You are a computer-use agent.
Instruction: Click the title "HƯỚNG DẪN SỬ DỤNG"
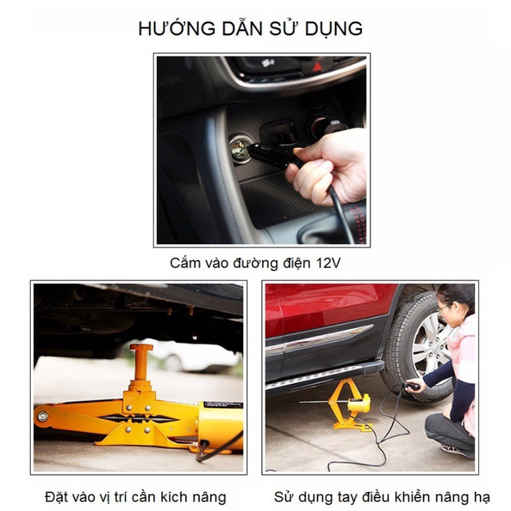coord(251,28)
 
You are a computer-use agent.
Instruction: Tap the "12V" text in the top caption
coord(328,263)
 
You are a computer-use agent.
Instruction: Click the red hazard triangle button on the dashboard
coord(317,67)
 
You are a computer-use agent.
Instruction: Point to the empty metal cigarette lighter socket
coord(241,148)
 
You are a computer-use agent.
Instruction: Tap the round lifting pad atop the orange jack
coord(141,347)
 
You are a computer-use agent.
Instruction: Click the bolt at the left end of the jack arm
coord(43,416)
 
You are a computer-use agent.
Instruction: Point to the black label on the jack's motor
coord(224,405)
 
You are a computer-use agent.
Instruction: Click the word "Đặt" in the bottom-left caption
coord(55,497)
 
